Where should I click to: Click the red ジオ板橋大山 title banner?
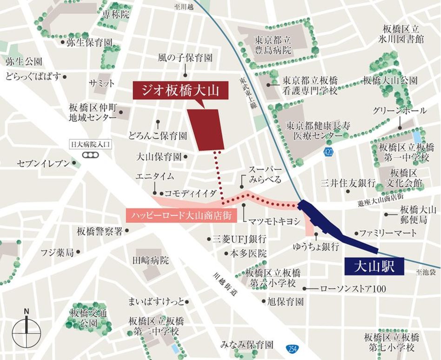click(x=181, y=90)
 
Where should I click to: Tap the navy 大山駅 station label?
click(x=374, y=267)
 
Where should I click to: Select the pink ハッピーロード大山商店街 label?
click(x=181, y=215)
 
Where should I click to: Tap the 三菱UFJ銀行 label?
click(x=239, y=239)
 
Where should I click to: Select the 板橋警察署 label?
click(x=100, y=231)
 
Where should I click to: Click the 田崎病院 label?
click(x=151, y=260)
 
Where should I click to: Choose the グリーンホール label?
click(x=400, y=111)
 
